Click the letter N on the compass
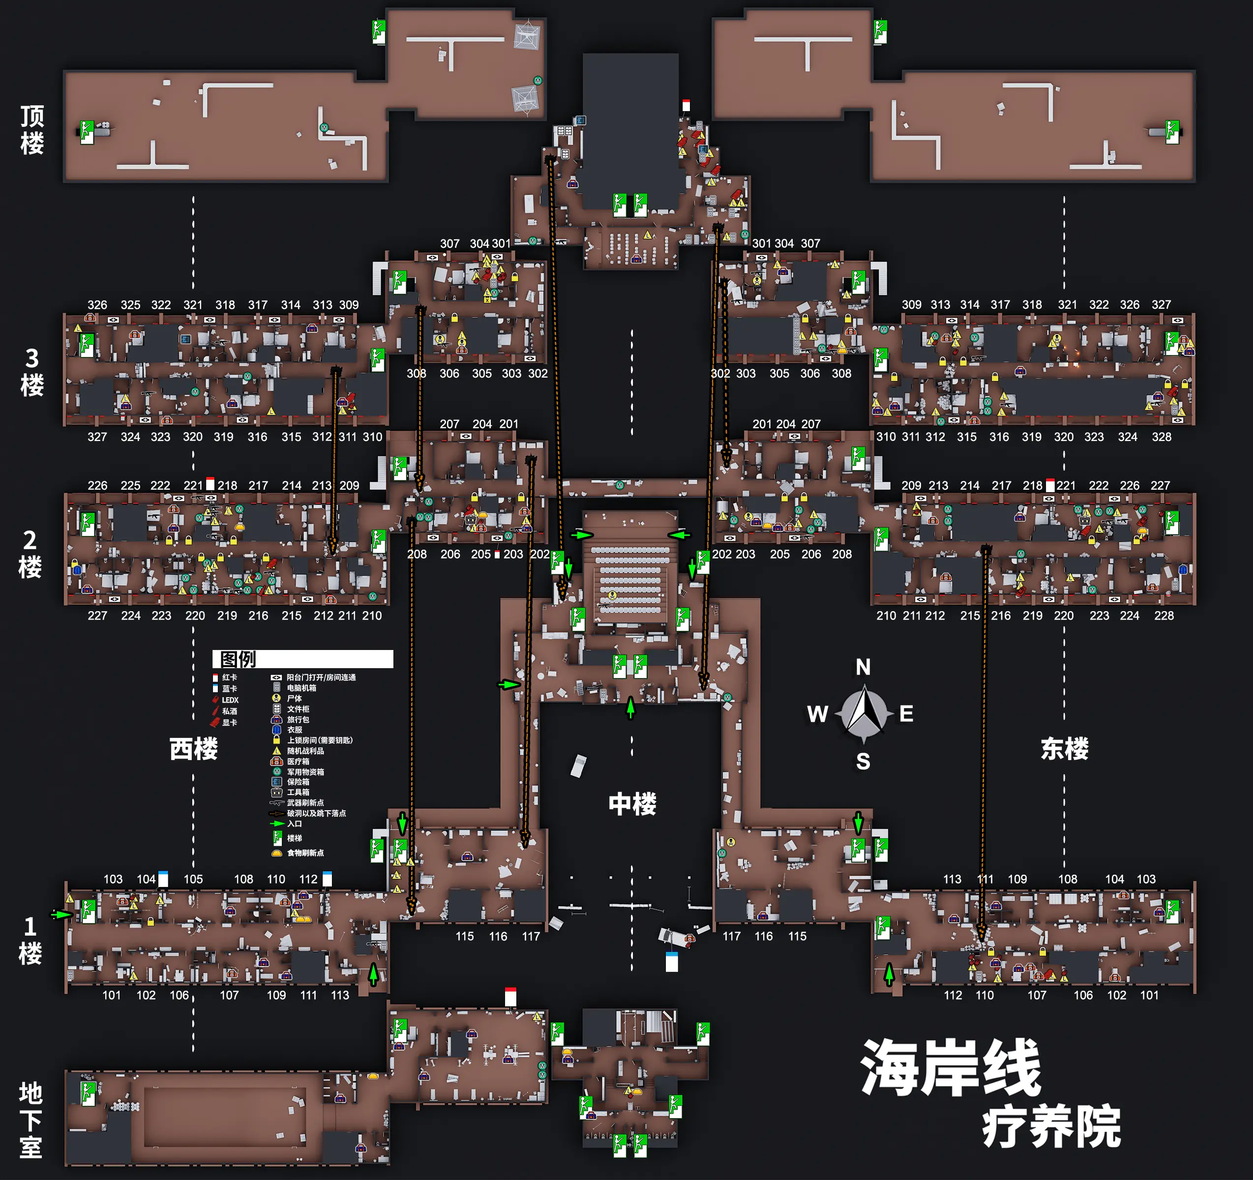coord(863,667)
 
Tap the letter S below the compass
coord(863,761)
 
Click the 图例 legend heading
coord(238,659)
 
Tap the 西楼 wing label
coord(193,748)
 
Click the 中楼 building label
coord(632,804)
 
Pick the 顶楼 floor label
coord(31,129)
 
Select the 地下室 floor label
coord(30,1120)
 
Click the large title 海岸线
coord(951,1068)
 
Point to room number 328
coord(1162,437)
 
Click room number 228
coord(1163,616)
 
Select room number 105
coord(193,879)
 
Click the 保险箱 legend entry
coord(298,782)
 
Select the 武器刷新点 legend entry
coord(305,802)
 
